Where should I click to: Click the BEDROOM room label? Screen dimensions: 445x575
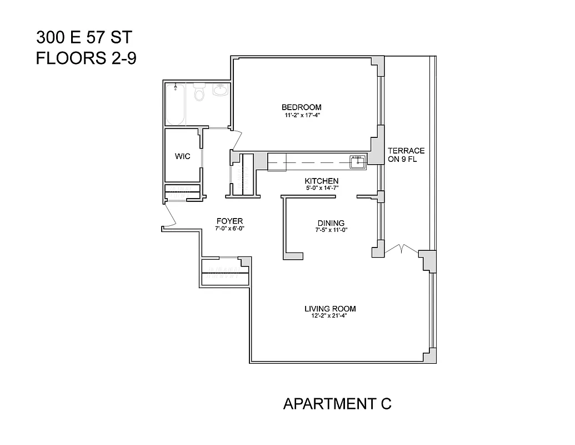[301, 107]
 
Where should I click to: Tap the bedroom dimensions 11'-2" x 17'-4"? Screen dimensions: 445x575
[301, 116]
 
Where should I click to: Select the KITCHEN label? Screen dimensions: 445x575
[321, 181]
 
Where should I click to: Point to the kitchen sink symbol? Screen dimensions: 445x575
[357, 161]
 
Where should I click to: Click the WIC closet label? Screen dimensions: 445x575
[183, 156]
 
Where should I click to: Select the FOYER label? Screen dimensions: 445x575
[229, 221]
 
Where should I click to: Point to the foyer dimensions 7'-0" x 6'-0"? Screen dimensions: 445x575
[229, 229]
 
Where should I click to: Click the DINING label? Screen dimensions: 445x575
[331, 223]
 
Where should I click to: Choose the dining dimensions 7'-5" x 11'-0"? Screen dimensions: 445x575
[331, 230]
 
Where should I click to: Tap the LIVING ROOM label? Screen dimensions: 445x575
[330, 309]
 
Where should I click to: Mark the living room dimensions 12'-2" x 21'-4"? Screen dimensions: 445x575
[330, 316]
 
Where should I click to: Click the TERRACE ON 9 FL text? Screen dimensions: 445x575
[406, 155]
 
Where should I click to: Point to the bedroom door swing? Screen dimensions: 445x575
[237, 139]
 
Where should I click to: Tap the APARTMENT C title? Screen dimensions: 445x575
[337, 404]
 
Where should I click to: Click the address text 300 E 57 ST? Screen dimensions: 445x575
[84, 38]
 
